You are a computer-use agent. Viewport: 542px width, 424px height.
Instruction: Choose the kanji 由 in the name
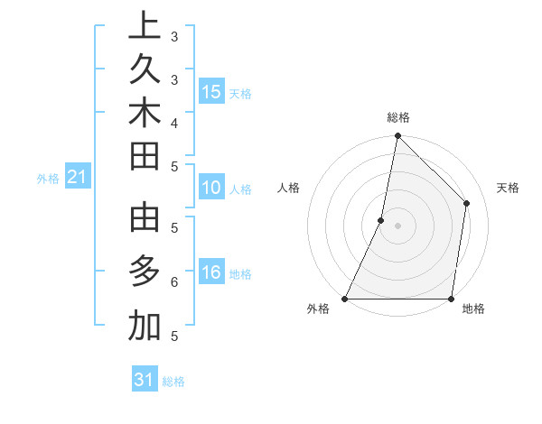click(x=145, y=219)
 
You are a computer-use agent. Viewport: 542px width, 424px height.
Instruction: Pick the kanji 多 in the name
click(x=145, y=272)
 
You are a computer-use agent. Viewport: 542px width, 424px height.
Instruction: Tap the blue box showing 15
click(x=211, y=92)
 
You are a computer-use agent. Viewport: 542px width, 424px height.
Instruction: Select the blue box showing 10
click(x=211, y=189)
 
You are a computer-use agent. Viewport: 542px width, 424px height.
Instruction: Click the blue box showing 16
click(x=211, y=273)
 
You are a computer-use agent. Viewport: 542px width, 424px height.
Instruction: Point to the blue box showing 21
click(x=78, y=178)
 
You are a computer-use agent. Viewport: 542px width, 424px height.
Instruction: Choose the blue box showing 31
click(x=145, y=380)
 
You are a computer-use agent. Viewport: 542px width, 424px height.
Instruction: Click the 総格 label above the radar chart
click(x=397, y=117)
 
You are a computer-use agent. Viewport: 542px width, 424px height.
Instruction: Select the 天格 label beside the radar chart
click(x=508, y=188)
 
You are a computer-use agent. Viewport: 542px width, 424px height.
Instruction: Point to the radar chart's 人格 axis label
click(x=288, y=188)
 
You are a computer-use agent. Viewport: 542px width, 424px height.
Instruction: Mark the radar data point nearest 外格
click(x=345, y=299)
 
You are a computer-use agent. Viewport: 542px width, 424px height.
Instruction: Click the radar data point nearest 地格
click(x=451, y=299)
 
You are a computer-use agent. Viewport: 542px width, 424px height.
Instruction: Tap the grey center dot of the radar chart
click(x=397, y=226)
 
